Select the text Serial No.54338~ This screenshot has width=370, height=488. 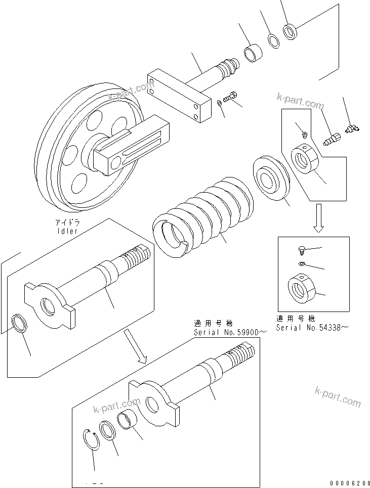point(312,328)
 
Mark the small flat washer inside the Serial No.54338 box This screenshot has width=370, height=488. point(302,264)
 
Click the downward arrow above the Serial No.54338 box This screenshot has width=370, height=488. point(318,217)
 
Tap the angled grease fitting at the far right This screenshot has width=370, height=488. point(350,129)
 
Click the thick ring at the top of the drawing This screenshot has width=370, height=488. point(292,31)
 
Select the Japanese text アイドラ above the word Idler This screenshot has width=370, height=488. point(67,222)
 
